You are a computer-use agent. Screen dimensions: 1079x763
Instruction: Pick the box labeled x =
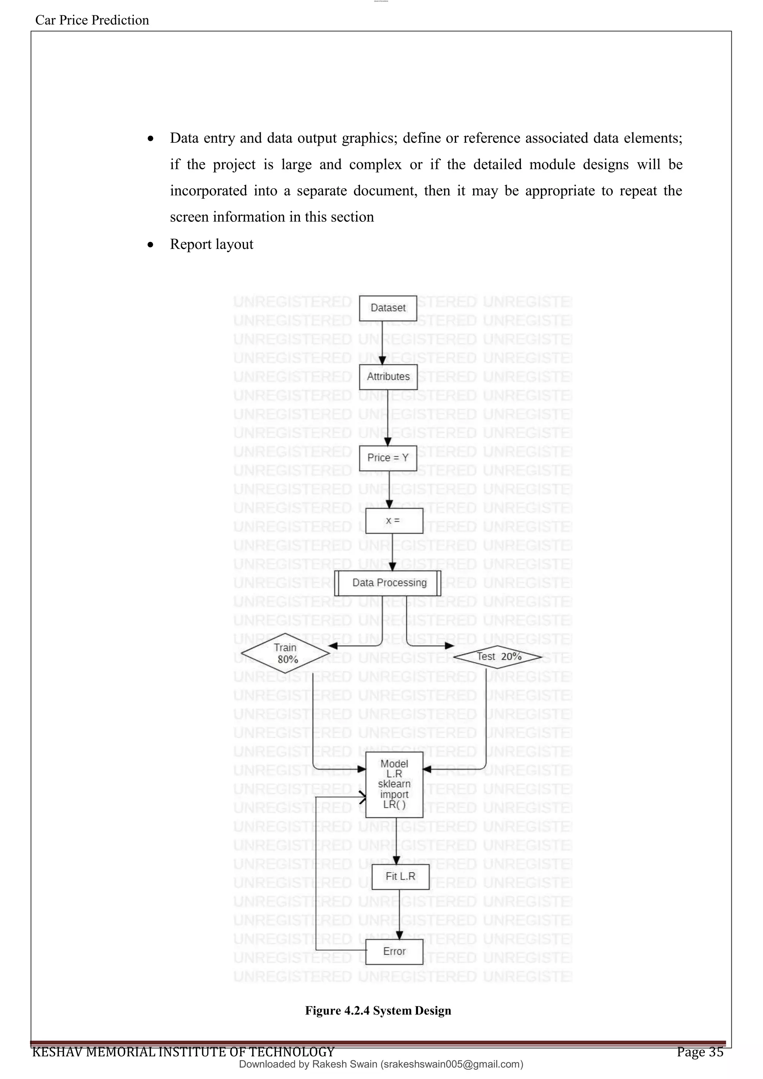tap(394, 520)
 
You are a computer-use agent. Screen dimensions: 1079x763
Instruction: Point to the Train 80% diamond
tap(285, 654)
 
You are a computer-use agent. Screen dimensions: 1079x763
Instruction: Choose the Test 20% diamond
tap(498, 657)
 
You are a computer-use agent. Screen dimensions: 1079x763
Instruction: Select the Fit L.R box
tap(400, 877)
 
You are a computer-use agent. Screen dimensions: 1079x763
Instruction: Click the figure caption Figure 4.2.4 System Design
tap(378, 1010)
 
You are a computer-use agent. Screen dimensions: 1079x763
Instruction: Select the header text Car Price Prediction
tap(92, 20)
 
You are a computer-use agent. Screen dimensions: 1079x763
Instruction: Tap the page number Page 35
tap(700, 1052)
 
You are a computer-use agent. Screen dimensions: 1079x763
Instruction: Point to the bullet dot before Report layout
tap(151, 245)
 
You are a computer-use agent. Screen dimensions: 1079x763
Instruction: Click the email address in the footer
tap(451, 1064)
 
